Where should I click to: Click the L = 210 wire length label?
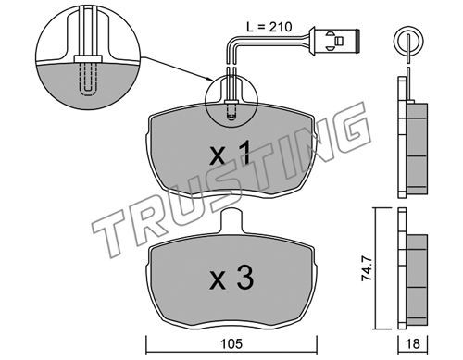pyautogui.click(x=269, y=28)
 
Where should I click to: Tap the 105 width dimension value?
pyautogui.click(x=231, y=343)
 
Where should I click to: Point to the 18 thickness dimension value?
pyautogui.click(x=413, y=343)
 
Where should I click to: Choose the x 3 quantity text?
pyautogui.click(x=231, y=278)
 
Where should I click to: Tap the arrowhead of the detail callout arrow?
pyautogui.click(x=209, y=80)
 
